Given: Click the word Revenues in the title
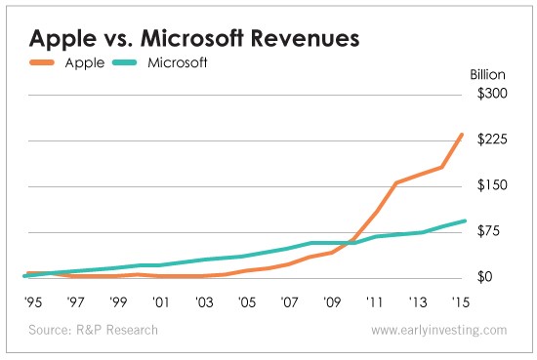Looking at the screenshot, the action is [x=306, y=38].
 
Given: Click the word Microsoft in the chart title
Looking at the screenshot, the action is [x=192, y=38].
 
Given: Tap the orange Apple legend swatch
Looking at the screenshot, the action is [x=42, y=62].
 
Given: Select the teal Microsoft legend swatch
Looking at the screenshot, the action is [x=124, y=62].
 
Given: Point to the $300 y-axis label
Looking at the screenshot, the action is [x=492, y=94].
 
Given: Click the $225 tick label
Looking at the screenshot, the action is [x=492, y=140].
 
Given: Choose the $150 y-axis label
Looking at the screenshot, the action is [x=492, y=185].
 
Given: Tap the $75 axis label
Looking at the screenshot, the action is [x=488, y=231].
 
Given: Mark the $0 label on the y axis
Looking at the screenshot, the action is [x=484, y=277].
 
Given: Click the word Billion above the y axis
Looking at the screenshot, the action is [x=487, y=74].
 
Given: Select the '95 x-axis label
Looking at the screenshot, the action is [x=33, y=302].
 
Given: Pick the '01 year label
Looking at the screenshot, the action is [x=161, y=302].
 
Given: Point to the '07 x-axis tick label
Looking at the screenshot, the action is [x=289, y=302].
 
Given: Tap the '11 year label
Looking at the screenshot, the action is [x=374, y=302].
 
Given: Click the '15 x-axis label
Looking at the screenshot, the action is [x=460, y=302].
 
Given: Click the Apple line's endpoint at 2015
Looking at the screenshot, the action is [x=462, y=135].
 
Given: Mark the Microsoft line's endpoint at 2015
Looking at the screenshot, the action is [x=465, y=221].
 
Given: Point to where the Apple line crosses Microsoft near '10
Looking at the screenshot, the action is [x=349, y=243].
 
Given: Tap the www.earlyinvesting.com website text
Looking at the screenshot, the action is [x=439, y=331].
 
